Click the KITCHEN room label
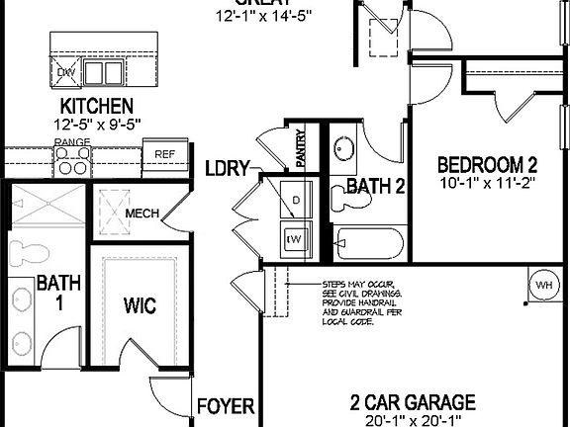(96, 106)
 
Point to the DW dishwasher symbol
(66, 72)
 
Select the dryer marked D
(294, 202)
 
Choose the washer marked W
(293, 238)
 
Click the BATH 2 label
(375, 186)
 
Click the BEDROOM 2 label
(487, 164)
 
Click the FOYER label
(226, 406)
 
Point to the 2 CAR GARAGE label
(413, 402)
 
